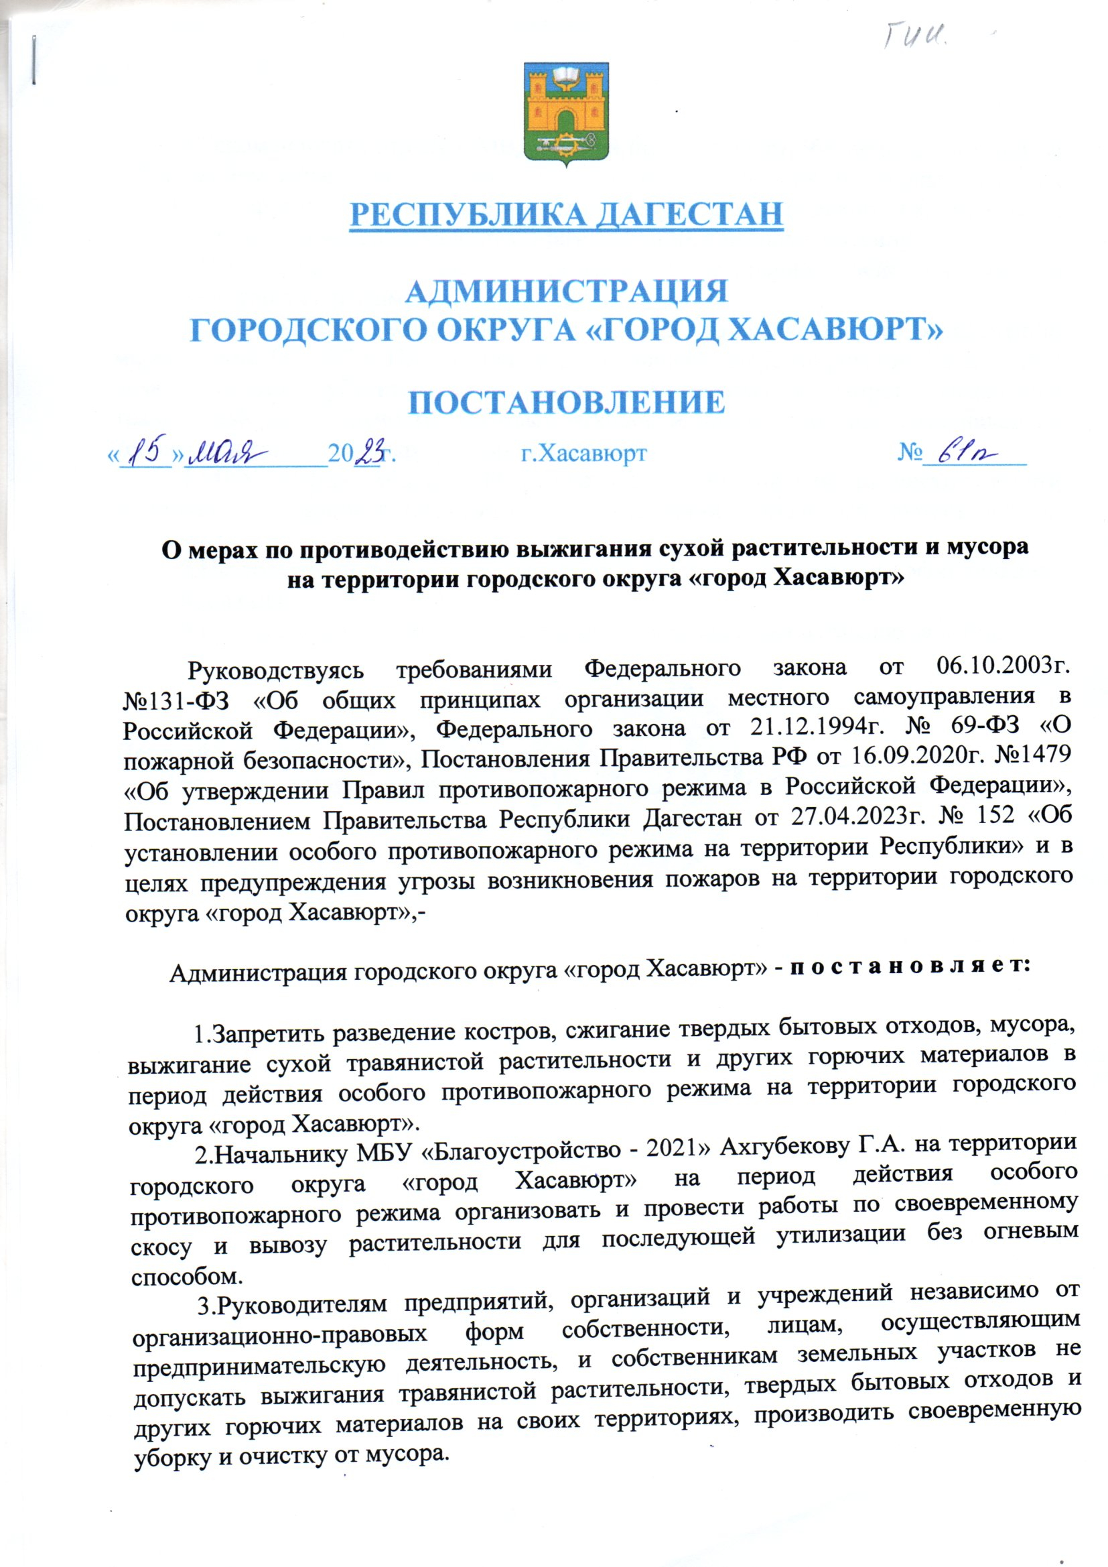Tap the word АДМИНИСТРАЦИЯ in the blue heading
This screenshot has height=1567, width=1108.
coord(565,292)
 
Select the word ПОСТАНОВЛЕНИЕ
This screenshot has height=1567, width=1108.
coord(565,402)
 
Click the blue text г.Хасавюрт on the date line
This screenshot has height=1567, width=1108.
coord(584,452)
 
